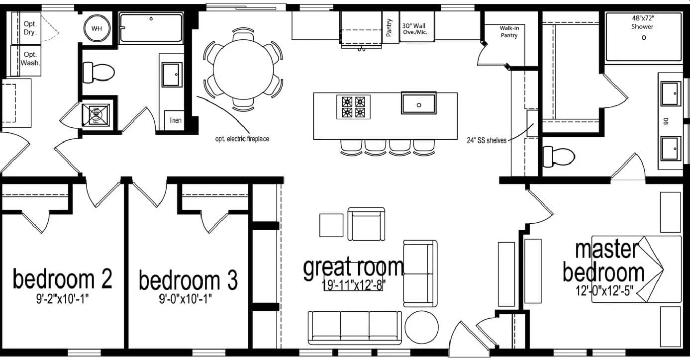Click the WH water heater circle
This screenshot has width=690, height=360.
pos(97,28)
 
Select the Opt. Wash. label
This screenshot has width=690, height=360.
pos(30,59)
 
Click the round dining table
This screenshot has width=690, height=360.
pos(244,69)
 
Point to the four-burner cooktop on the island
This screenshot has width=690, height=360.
pos(354,106)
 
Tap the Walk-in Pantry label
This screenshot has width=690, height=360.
pos(509,32)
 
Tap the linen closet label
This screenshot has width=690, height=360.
pos(176,120)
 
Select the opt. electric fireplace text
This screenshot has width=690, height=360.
pos(242,139)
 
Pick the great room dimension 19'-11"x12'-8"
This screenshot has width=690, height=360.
pos(354,285)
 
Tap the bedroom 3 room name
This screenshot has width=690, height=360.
pos(188,280)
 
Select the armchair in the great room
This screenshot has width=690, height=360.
pos(366,224)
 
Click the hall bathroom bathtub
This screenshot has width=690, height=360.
pos(151,27)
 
